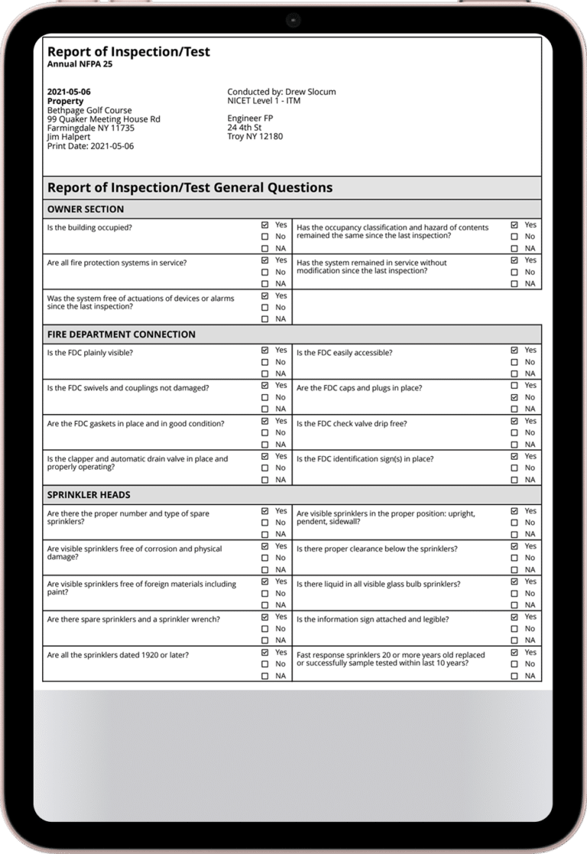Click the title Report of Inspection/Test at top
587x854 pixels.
click(x=128, y=52)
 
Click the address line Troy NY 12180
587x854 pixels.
click(x=255, y=137)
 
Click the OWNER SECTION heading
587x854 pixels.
click(x=86, y=209)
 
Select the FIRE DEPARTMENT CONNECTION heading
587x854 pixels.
click(x=122, y=335)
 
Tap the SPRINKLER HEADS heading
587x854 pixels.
click(x=89, y=495)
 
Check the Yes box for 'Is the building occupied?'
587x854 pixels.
click(x=264, y=225)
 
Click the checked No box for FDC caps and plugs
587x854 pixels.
click(x=514, y=397)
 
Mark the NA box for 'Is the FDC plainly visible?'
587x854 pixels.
click(x=264, y=374)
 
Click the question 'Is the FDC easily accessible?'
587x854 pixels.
click(x=345, y=353)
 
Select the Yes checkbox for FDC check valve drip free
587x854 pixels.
click(x=514, y=421)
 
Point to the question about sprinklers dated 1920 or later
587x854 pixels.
click(x=118, y=655)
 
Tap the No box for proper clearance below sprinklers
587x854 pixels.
click(x=514, y=558)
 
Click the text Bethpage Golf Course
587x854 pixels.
click(x=89, y=110)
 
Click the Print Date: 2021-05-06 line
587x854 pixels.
click(x=90, y=146)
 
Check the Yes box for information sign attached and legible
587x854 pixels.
click(x=514, y=616)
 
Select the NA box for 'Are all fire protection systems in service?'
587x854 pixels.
click(x=264, y=284)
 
